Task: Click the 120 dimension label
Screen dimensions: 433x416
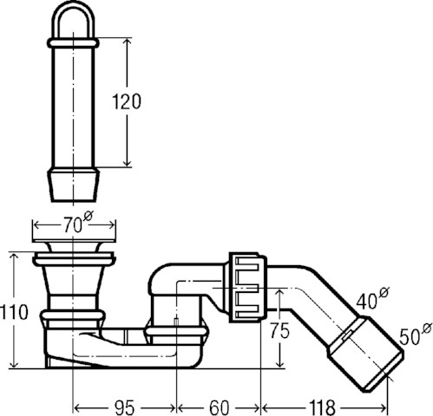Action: click(x=127, y=101)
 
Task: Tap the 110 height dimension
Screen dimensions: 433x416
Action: click(x=14, y=312)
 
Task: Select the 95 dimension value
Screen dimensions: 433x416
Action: click(x=124, y=407)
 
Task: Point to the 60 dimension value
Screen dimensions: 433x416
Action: click(x=219, y=407)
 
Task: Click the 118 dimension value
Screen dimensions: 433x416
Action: click(x=322, y=407)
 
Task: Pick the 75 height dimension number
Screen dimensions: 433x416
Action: click(x=279, y=330)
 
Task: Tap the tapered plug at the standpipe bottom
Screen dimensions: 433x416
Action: click(x=74, y=185)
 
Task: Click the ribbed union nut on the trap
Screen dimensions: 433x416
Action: click(x=248, y=287)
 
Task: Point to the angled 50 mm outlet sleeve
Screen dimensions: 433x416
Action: click(x=365, y=354)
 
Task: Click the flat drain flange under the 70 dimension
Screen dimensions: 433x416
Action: click(x=75, y=240)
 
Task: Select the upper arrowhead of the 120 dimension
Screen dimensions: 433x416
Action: click(x=127, y=42)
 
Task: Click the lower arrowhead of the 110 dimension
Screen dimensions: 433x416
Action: click(x=14, y=364)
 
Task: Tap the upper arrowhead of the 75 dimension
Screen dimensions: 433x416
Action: click(x=279, y=293)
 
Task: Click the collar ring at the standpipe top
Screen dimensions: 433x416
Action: click(x=73, y=43)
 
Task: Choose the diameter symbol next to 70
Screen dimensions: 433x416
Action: click(x=89, y=216)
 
